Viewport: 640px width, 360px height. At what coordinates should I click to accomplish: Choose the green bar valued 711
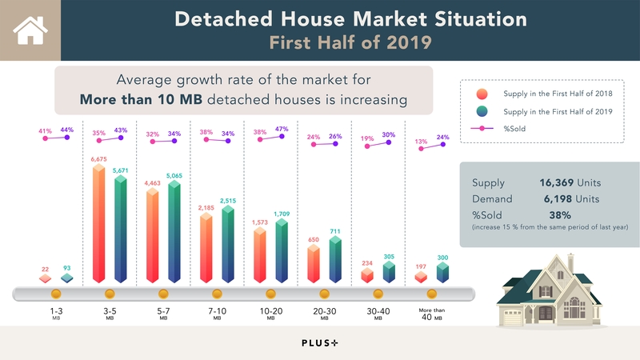pyautogui.click(x=334, y=260)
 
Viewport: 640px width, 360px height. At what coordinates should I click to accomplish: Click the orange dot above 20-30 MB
pyautogui.click(x=324, y=294)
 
